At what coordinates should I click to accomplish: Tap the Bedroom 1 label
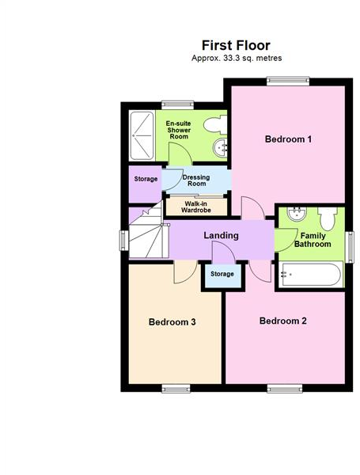click(288, 139)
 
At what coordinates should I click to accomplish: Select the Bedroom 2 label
click(282, 321)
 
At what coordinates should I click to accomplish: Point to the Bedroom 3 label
click(172, 322)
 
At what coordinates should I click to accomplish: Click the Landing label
click(221, 236)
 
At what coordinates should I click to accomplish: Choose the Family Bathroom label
click(313, 240)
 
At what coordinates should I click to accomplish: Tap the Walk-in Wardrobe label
click(195, 207)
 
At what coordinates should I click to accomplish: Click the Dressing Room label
click(195, 180)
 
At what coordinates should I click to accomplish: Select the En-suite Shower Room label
click(180, 131)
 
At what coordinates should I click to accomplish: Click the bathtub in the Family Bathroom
click(312, 275)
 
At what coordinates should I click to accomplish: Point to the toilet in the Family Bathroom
click(328, 217)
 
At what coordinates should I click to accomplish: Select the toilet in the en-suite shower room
click(214, 124)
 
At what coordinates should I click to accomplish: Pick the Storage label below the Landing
click(222, 274)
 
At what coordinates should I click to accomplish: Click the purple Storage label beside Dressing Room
click(145, 179)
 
